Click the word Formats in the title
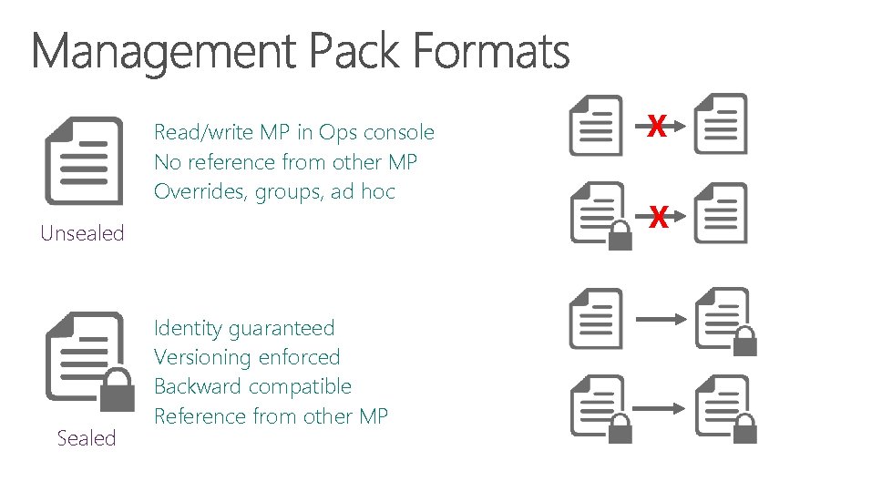[x=491, y=52]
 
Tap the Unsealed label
[x=82, y=233]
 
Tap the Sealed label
[x=87, y=438]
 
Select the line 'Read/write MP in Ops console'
[x=294, y=133]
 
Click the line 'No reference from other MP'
[x=286, y=162]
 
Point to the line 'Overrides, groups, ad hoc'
[x=274, y=191]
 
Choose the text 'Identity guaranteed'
[x=244, y=328]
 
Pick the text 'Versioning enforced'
[x=247, y=357]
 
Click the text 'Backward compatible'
[x=252, y=386]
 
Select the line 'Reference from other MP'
[x=272, y=416]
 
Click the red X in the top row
[x=657, y=126]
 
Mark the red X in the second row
[x=659, y=217]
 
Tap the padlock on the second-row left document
[x=620, y=236]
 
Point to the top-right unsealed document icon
[x=721, y=124]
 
